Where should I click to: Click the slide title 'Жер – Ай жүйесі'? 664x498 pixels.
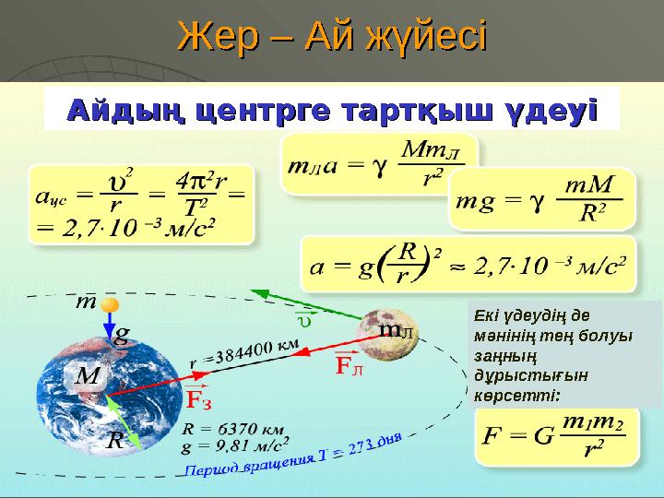332,38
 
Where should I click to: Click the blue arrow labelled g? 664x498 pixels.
110,327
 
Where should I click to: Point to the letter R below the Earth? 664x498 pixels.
115,442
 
